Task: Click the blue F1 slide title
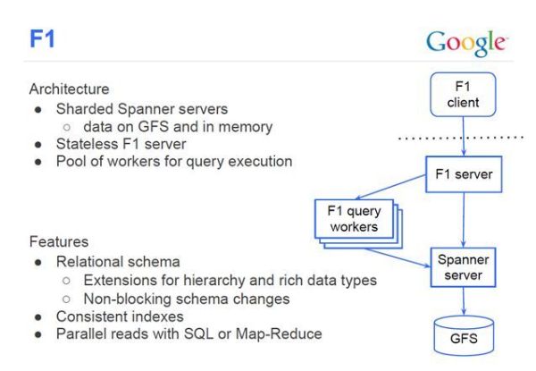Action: [x=43, y=41]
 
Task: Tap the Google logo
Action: [x=465, y=43]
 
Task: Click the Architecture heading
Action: [x=70, y=89]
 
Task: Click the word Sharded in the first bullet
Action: [x=81, y=109]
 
